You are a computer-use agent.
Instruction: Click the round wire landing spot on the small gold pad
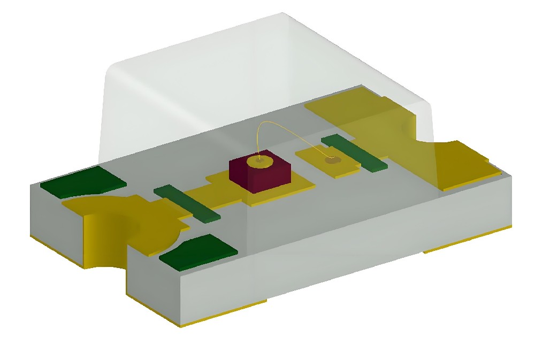(332, 160)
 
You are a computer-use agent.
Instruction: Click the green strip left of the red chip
(187, 203)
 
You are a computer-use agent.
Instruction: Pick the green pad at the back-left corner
(83, 181)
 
